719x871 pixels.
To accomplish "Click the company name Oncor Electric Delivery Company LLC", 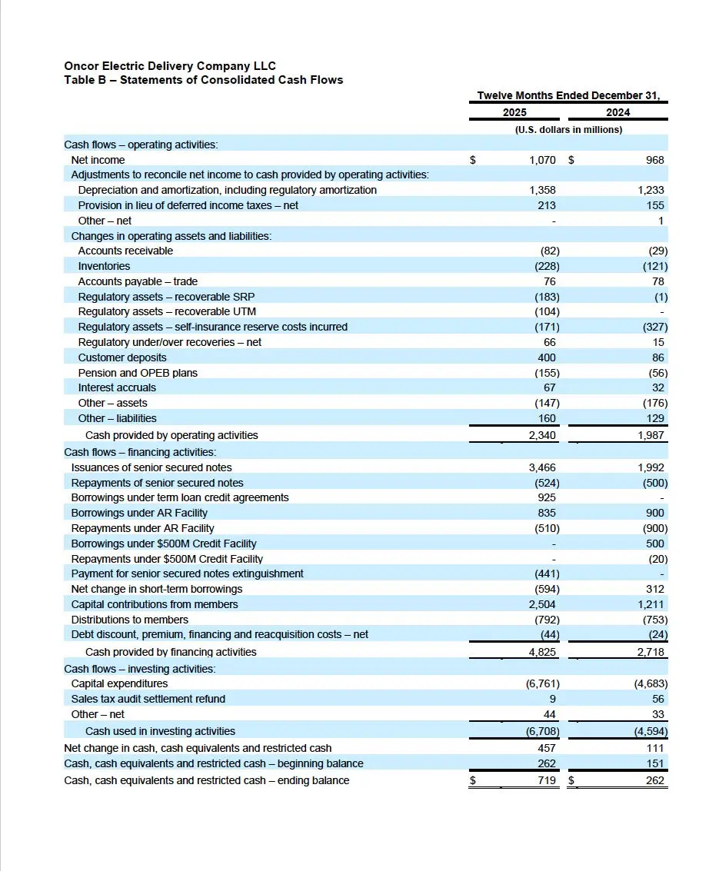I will tap(169, 66).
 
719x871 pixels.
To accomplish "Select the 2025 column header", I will tap(514, 112).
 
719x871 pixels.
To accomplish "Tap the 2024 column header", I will tap(617, 112).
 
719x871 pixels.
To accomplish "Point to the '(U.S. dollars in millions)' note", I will tap(568, 129).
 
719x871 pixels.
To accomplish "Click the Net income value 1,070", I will tap(542, 160).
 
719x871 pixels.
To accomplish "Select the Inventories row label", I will tap(104, 266).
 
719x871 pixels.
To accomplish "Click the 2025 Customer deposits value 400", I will tap(547, 357).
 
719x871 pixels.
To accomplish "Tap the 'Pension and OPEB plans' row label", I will tap(138, 373).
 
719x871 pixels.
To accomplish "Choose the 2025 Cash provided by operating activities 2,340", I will tap(541, 435).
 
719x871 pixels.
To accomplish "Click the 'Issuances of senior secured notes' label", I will tap(151, 467).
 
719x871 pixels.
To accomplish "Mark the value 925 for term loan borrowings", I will tap(547, 497).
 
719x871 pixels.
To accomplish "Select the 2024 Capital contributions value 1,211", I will tap(651, 604).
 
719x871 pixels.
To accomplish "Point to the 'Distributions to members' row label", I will tap(129, 620).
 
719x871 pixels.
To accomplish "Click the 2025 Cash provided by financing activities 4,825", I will tap(541, 652).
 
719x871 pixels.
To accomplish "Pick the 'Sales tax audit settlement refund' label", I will tap(148, 699).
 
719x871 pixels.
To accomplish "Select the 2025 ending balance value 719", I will tap(547, 780).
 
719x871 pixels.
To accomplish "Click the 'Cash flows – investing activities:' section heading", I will tap(139, 669).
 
